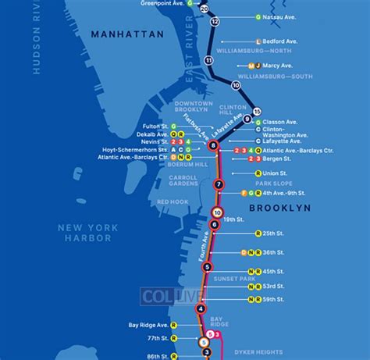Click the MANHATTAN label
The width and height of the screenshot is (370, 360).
click(126, 34)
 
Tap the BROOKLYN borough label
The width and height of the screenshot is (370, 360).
click(279, 209)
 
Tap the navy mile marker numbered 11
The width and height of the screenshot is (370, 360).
click(208, 60)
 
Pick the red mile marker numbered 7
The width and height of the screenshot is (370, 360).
click(219, 185)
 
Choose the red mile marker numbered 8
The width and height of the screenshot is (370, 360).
click(213, 144)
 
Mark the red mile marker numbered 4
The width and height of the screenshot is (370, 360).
click(201, 308)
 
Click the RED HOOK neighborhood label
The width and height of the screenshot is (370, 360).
click(173, 202)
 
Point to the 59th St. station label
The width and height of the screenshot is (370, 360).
click(278, 299)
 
